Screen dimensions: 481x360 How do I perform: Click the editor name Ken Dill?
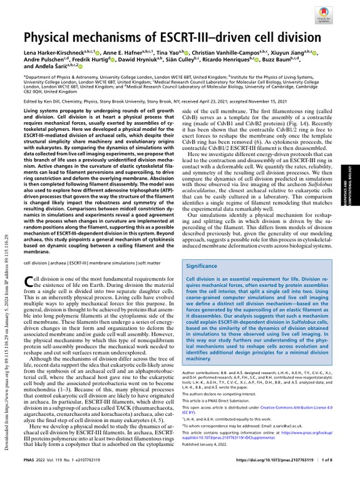click(x=51, y=101)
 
